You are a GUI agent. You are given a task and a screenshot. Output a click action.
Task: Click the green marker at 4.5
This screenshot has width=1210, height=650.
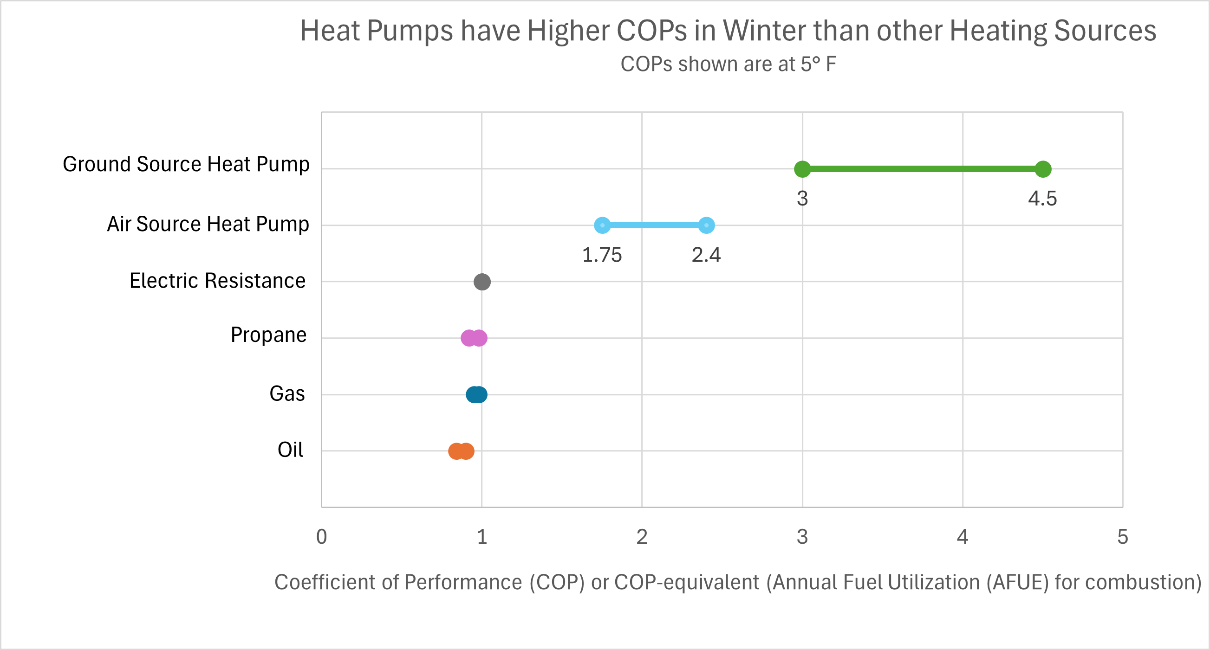(x=1043, y=169)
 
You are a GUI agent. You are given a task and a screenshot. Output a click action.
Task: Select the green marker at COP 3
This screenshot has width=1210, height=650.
(x=802, y=169)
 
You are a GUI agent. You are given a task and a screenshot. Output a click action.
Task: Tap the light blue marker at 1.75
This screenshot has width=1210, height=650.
(x=602, y=225)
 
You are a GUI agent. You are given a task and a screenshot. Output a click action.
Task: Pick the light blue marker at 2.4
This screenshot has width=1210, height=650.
(x=707, y=225)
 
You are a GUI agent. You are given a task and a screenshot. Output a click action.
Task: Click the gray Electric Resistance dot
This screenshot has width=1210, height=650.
(x=482, y=282)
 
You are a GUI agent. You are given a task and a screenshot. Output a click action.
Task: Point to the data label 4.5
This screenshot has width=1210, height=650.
(x=1042, y=199)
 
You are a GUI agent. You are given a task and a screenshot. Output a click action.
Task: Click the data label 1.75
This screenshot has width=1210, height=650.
(x=602, y=255)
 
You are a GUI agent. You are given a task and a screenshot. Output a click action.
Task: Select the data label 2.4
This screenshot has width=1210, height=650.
(x=706, y=255)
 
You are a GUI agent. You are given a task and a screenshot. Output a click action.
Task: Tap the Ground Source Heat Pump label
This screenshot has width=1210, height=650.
(x=186, y=164)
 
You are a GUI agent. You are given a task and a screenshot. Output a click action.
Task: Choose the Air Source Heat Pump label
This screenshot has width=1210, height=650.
(x=208, y=224)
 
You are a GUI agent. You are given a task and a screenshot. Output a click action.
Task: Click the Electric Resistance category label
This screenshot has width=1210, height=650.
(x=217, y=281)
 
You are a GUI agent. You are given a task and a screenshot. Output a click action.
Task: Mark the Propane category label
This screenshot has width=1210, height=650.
(x=268, y=335)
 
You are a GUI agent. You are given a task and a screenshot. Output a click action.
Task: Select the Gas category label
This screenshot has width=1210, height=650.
(x=287, y=393)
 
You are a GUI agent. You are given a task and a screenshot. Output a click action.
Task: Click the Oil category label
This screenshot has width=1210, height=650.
(x=290, y=450)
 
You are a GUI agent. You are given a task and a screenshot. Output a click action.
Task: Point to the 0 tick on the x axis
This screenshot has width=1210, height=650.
(x=321, y=537)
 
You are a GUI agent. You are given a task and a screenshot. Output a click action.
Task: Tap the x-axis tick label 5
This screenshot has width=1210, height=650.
(x=1123, y=537)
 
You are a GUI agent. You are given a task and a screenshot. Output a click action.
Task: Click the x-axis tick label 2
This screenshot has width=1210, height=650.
(x=642, y=537)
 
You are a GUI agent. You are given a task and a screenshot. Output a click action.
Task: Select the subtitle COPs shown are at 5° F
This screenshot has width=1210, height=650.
(x=728, y=64)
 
